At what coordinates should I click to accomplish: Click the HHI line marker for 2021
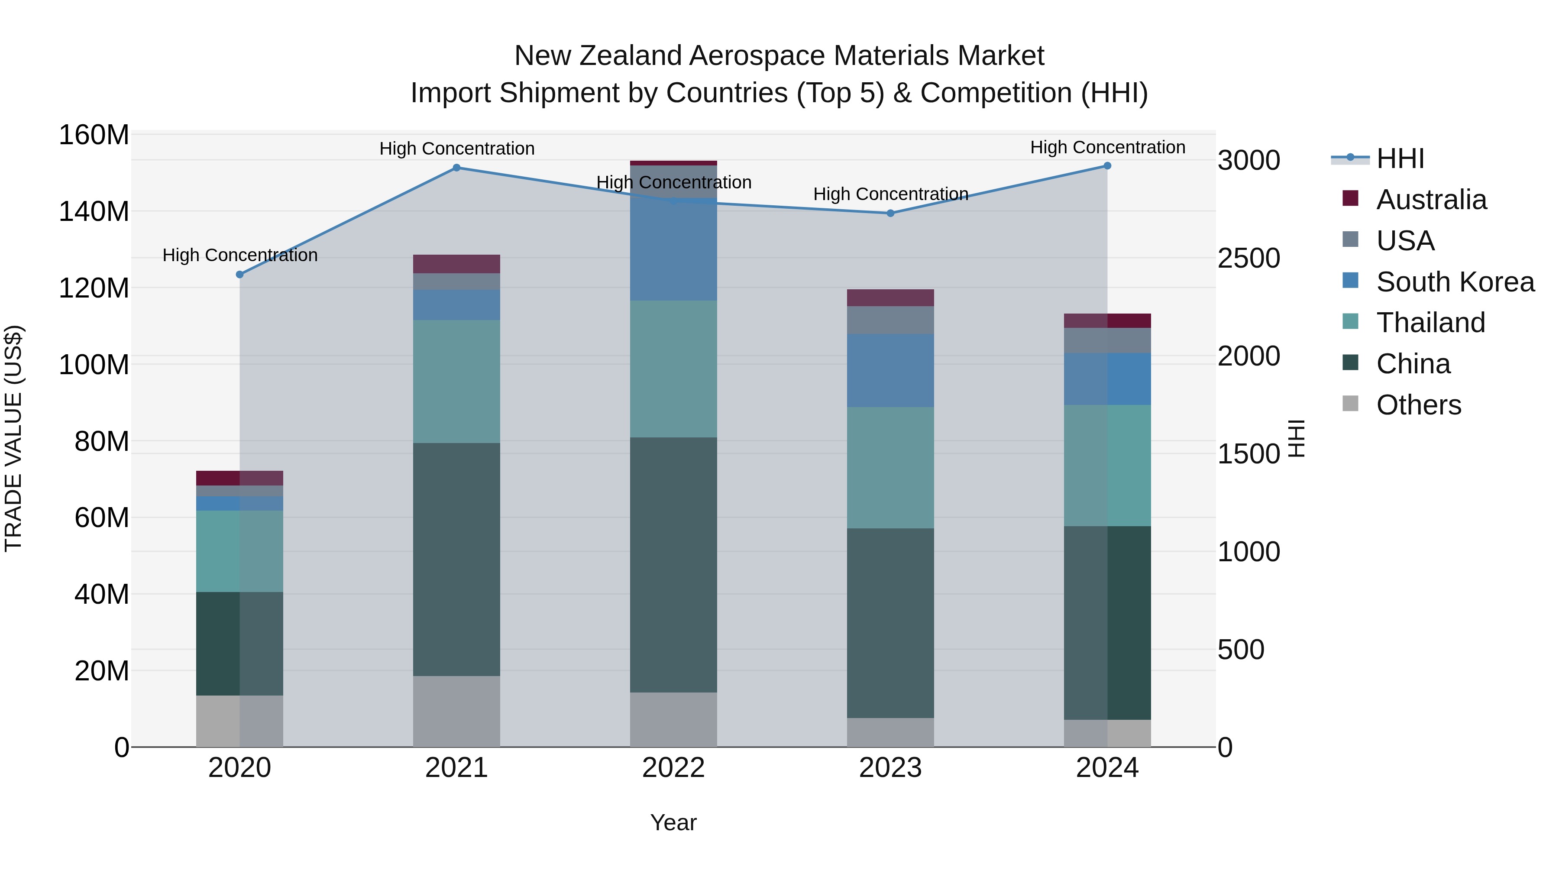(456, 168)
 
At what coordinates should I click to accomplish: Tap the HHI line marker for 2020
(239, 274)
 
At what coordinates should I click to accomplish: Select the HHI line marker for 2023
(890, 213)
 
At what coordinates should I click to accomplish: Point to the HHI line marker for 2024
(1107, 165)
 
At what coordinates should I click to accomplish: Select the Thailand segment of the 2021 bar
(456, 381)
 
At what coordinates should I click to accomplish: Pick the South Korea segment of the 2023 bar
(890, 370)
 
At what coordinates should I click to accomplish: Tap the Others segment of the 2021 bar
(456, 711)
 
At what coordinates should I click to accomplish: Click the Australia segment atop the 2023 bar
(890, 298)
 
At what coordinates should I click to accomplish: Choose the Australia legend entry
(1431, 200)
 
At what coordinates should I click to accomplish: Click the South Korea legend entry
(1455, 282)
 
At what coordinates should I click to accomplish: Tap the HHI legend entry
(1399, 159)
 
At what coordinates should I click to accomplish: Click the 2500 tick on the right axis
(1248, 259)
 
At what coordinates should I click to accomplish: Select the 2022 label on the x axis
(673, 768)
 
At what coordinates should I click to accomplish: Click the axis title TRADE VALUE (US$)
(14, 438)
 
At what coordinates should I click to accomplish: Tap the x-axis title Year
(673, 822)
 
